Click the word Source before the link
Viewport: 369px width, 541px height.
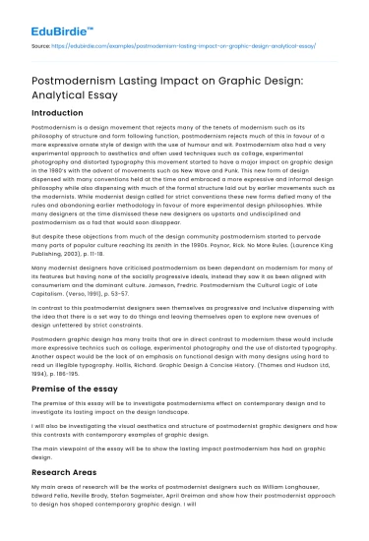tap(42, 46)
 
